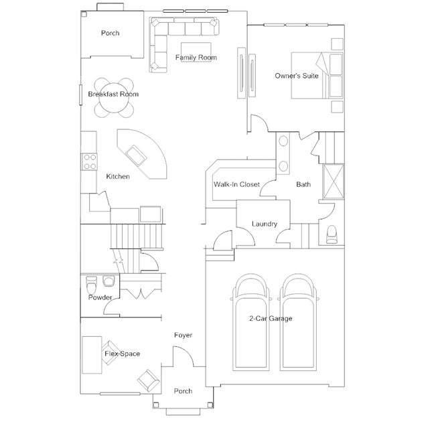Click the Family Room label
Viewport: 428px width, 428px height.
[x=196, y=58]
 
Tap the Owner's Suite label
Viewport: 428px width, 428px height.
[x=297, y=76]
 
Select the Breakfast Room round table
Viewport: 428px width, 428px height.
[x=113, y=94]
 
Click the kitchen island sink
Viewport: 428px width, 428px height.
[x=140, y=156]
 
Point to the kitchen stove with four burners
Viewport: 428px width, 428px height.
[x=89, y=161]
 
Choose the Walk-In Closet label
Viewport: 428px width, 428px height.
[x=236, y=184]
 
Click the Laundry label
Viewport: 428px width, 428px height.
[x=264, y=224]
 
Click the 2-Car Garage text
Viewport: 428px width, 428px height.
[x=271, y=319]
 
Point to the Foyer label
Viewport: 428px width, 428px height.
[x=183, y=335]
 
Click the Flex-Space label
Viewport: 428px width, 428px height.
[x=122, y=354]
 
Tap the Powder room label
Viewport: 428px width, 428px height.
[x=100, y=297]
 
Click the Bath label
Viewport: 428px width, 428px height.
[x=303, y=184]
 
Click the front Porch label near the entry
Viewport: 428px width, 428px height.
[x=183, y=391]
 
